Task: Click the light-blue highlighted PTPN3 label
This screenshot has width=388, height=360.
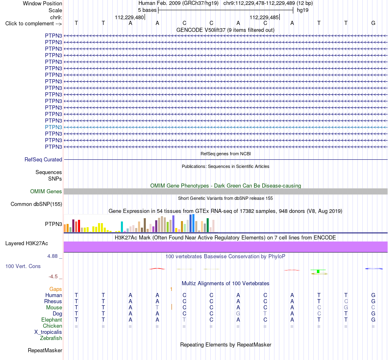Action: [54, 127]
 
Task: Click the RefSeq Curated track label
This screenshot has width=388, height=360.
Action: [43, 160]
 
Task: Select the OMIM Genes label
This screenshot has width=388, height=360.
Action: [46, 191]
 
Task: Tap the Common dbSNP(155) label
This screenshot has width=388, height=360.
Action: [36, 204]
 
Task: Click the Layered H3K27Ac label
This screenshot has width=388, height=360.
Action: [27, 244]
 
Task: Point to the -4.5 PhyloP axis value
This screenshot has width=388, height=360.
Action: [53, 277]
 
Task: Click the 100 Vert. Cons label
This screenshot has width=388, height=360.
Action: [23, 266]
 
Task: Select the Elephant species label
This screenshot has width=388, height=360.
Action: [52, 320]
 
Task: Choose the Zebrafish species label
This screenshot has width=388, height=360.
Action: [51, 338]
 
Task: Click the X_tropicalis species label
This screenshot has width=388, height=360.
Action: [48, 332]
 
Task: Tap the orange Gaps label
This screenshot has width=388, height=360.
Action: [56, 289]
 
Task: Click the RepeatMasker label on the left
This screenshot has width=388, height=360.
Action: [45, 350]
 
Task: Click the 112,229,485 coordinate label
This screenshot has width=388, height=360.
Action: [264, 17]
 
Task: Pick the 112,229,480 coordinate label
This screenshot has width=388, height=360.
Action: [129, 17]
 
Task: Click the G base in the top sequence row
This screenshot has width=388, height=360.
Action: [373, 23]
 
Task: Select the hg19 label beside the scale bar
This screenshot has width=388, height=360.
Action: [303, 10]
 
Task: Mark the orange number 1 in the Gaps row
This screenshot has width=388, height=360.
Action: [171, 289]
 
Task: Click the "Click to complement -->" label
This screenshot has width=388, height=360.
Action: [33, 24]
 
